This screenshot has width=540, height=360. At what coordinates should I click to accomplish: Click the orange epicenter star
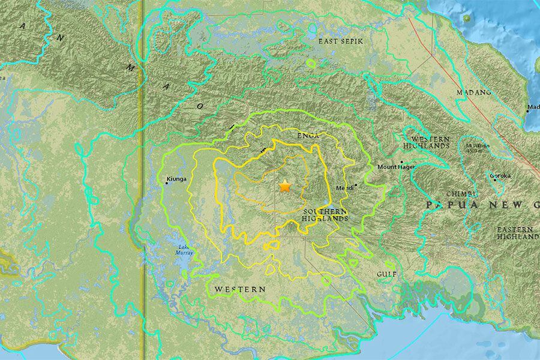click(284, 187)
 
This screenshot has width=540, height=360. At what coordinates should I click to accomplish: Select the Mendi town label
click(345, 188)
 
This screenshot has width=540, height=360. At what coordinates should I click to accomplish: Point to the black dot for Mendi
click(356, 185)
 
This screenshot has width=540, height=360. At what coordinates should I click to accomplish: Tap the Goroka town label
click(500, 176)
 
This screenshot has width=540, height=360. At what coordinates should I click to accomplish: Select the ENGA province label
click(308, 136)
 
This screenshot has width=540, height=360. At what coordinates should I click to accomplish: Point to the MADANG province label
click(473, 92)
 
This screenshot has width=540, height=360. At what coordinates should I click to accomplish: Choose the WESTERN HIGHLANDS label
click(427, 142)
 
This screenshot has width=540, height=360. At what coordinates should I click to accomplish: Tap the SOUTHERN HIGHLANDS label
click(325, 215)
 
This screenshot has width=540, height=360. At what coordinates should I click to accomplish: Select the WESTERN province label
click(240, 289)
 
